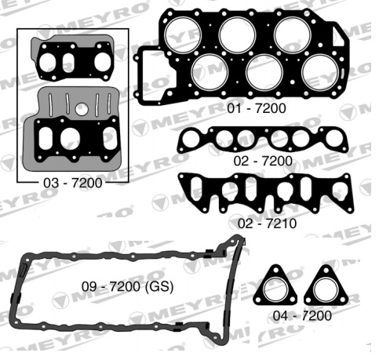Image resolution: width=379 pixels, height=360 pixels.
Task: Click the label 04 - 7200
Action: click(304, 315)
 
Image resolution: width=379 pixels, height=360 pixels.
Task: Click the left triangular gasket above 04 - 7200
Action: click(275, 288)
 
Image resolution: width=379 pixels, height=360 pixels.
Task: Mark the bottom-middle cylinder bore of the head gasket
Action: click(265, 73)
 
